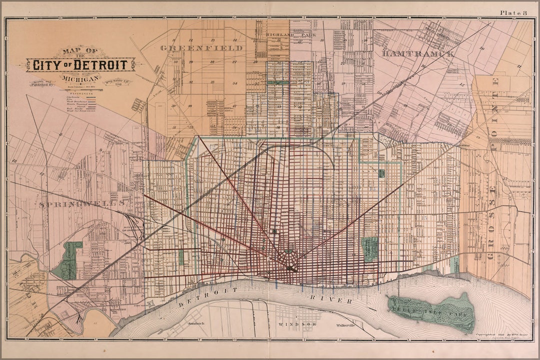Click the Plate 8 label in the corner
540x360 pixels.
513,12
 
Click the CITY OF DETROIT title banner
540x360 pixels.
80,64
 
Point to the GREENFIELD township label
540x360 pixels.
201,48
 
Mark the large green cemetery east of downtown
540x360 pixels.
370,249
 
